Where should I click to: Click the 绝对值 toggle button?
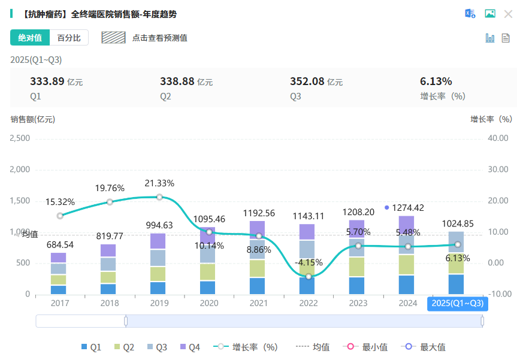pos(30,38)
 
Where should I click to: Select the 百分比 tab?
pos(69,38)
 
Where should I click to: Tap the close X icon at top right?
pos(508,14)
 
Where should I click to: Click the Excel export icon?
pos(470,14)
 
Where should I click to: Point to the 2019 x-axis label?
pos(159,304)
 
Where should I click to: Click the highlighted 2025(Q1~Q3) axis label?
pos(458,304)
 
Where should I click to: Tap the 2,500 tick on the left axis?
pos(20,138)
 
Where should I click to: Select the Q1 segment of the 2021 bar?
pos(258,286)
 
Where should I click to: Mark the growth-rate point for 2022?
pos(309,276)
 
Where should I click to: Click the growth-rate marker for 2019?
pos(159,197)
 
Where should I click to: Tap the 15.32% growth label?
pos(60,202)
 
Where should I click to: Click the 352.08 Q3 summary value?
pos(307,81)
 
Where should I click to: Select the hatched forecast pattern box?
pos(113,38)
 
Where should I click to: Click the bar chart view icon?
pos(490,38)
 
